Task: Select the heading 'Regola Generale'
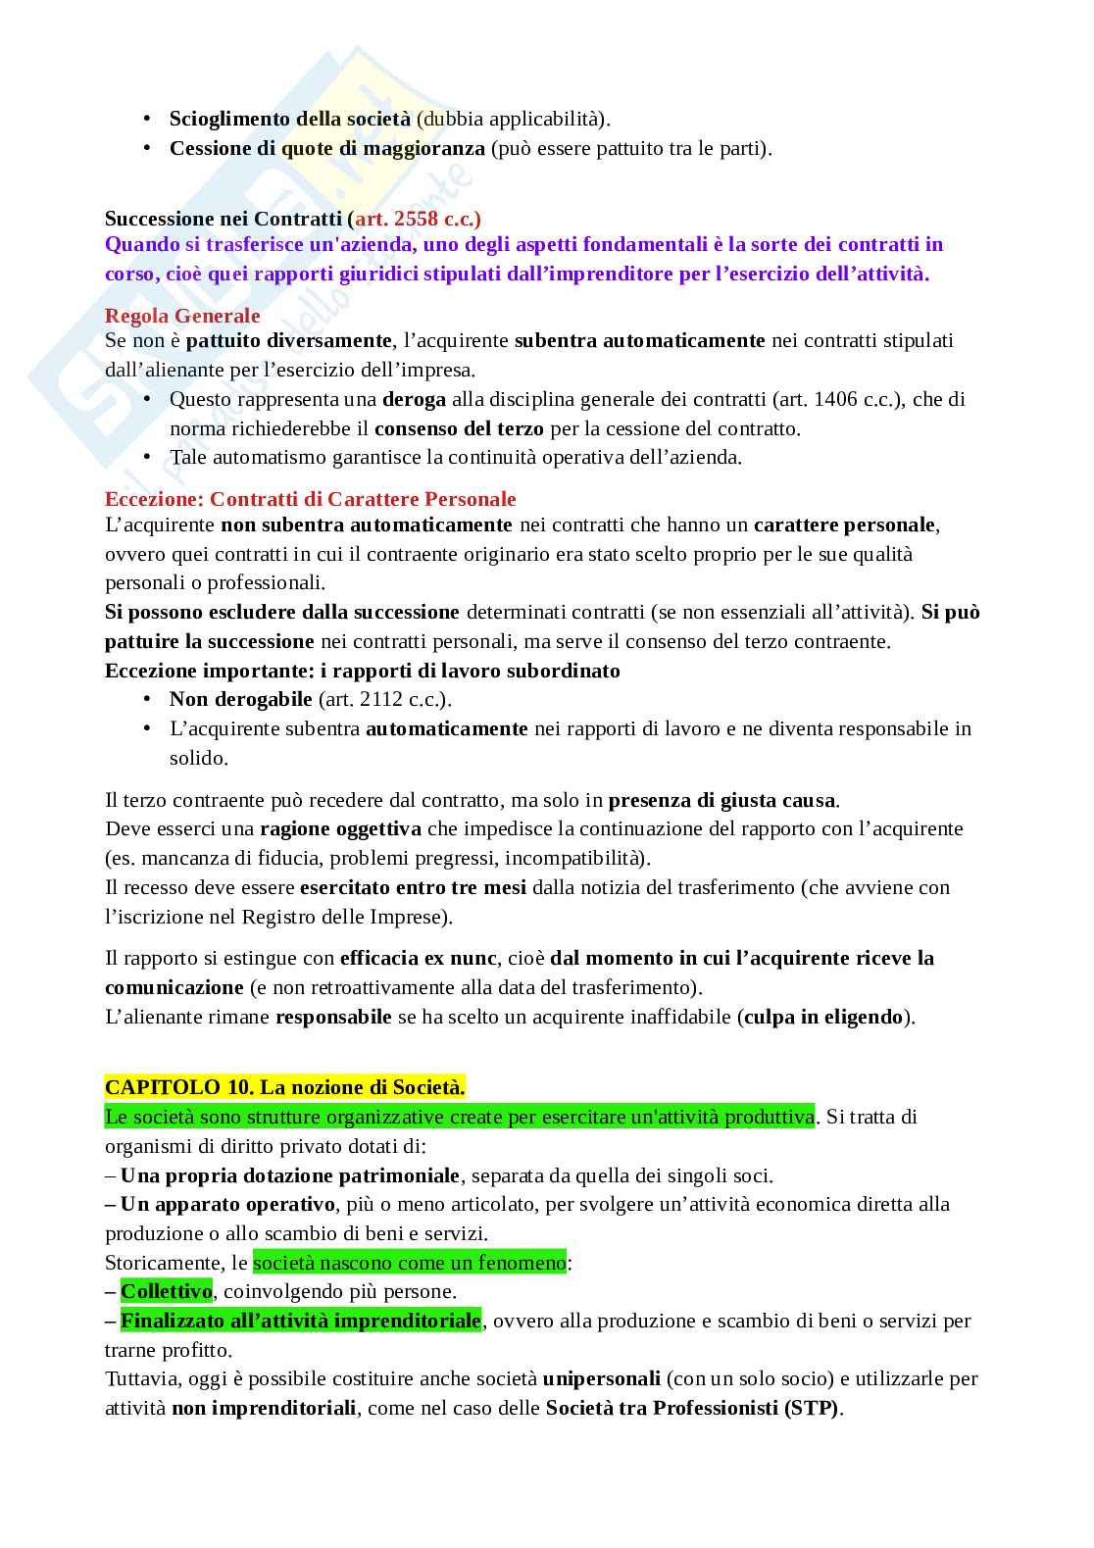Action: point(182,316)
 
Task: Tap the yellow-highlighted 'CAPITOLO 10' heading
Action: point(284,1087)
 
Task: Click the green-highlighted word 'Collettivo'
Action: point(166,1291)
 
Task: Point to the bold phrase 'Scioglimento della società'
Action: point(289,120)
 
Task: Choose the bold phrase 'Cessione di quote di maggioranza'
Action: point(326,149)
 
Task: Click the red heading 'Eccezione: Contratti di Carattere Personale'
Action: point(310,499)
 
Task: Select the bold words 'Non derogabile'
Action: point(240,699)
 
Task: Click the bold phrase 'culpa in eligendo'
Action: point(822,1017)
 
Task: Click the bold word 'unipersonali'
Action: point(601,1378)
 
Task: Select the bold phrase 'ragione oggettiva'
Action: point(340,828)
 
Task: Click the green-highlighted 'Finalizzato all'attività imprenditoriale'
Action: point(300,1321)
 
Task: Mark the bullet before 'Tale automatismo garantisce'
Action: point(147,457)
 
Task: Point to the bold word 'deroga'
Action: point(414,399)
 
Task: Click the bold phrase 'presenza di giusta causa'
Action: point(722,800)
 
